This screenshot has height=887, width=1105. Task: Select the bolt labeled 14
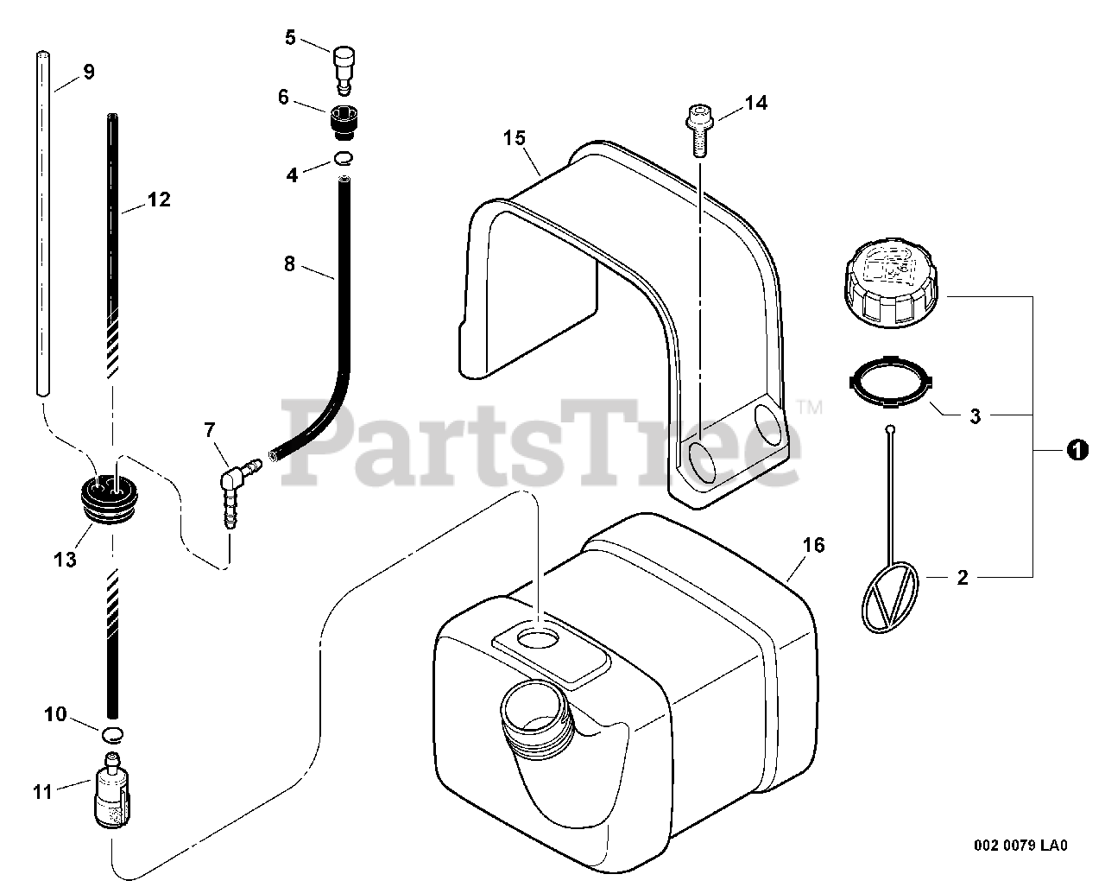(697, 130)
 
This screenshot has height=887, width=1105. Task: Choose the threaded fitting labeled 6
(344, 118)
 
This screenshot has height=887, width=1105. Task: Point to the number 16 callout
(813, 545)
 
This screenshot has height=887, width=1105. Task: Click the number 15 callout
(515, 137)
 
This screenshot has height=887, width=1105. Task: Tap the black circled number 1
(1076, 450)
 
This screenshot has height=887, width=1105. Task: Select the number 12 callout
(159, 200)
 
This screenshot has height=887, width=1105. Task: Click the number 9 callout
(89, 72)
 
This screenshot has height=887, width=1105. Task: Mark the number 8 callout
(289, 263)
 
